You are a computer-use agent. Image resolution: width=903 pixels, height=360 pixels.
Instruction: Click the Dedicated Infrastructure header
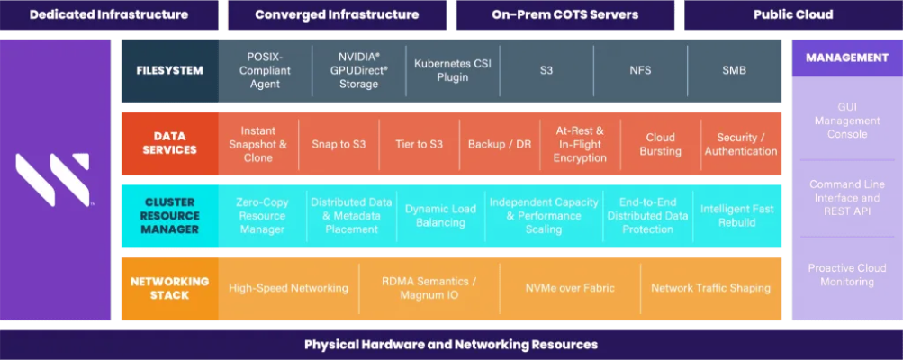pos(109,14)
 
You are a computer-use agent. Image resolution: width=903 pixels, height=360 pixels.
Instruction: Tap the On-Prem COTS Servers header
pos(564,14)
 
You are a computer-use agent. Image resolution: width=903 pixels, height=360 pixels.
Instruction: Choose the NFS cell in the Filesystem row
pos(640,70)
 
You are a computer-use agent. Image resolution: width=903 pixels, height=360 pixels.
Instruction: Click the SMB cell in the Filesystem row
pos(734,70)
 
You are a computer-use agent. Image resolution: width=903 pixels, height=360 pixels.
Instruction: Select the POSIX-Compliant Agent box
pos(265,70)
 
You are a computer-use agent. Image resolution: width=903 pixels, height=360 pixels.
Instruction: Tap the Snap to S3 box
pos(339,144)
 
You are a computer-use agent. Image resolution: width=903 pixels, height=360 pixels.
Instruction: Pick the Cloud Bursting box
pos(660,144)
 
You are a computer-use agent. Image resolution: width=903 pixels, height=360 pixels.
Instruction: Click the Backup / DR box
pos(500,144)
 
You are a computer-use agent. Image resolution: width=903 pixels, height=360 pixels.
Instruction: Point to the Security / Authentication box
pos(740,144)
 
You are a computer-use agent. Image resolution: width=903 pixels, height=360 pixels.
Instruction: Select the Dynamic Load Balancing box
pos(440,216)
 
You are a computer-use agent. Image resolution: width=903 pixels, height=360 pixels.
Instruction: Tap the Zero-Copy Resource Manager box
pos(261,216)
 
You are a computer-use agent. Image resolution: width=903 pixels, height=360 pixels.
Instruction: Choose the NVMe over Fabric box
pos(570,288)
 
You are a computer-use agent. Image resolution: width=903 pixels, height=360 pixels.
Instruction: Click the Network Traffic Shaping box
pos(710,288)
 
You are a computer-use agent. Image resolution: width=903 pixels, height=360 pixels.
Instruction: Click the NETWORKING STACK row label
pos(169,288)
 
